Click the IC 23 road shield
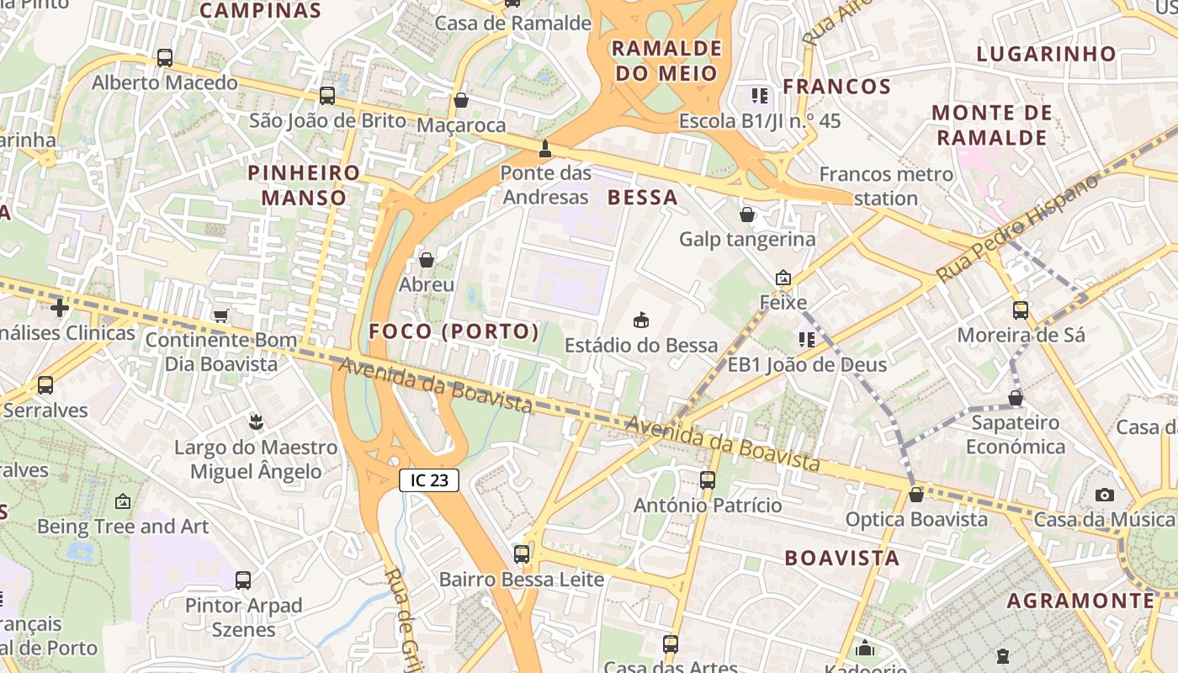[429, 480]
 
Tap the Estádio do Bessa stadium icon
[641, 320]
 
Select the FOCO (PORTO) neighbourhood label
[454, 331]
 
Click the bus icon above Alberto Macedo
[165, 58]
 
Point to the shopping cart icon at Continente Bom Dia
[221, 315]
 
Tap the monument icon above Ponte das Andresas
[545, 149]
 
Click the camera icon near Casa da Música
[1105, 495]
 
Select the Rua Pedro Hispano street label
[1017, 229]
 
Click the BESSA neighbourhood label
[642, 198]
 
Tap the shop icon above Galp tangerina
[747, 215]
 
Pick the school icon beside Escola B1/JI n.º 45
[760, 96]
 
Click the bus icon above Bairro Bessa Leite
[522, 554]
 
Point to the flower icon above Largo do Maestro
[257, 421]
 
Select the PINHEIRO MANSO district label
[304, 185]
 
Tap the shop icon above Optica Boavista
[916, 495]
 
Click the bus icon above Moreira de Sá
[1021, 310]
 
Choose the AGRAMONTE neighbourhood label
[1080, 601]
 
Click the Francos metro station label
[886, 186]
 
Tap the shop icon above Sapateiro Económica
[1016, 398]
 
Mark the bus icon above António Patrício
[708, 480]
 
